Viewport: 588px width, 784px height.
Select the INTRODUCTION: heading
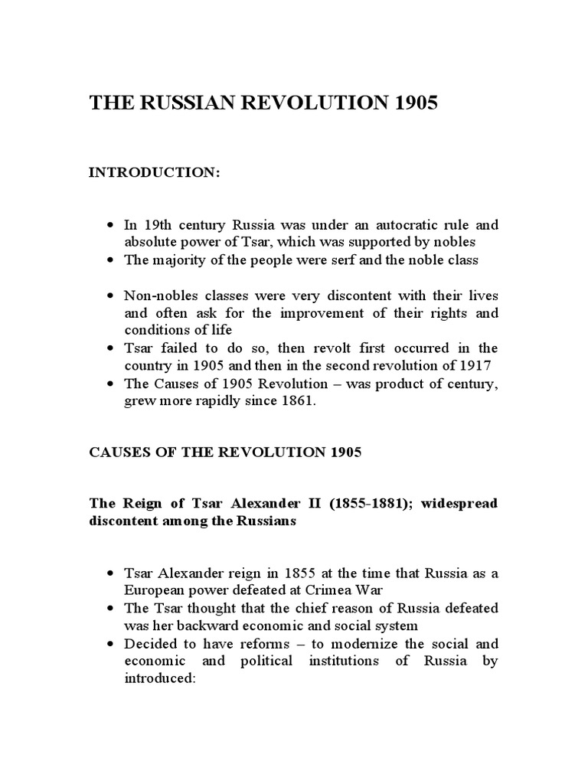(155, 173)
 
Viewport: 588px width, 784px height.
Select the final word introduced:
(162, 678)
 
